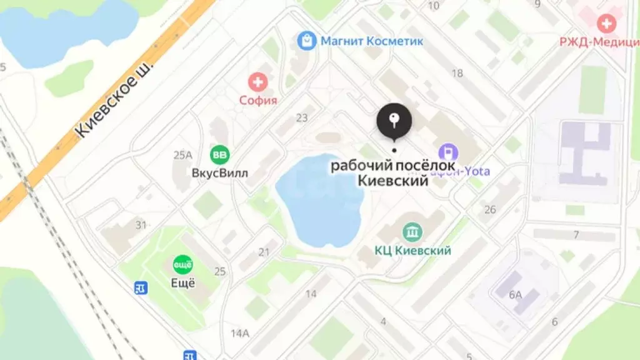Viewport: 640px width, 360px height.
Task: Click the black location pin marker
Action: pos(394,121)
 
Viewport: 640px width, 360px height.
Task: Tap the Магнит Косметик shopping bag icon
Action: pos(307,41)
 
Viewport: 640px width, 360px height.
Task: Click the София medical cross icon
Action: pos(257,82)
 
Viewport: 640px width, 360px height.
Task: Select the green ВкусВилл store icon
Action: pos(219,154)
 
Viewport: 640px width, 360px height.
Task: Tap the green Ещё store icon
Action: pos(182,264)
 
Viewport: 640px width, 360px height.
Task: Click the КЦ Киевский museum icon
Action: pos(412,233)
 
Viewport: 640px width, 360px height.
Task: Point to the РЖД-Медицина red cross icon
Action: pos(606,24)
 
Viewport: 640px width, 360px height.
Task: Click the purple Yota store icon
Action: pos(448,152)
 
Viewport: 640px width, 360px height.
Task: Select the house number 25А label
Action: pos(183,154)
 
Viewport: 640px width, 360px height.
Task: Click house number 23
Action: pos(302,117)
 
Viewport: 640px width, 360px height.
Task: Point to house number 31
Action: pos(141,224)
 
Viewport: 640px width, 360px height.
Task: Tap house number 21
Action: pos(264,252)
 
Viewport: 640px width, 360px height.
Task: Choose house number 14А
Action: pos(239,332)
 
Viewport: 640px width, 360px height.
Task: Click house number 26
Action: pos(490,209)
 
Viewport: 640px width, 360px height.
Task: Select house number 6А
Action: pos(515,294)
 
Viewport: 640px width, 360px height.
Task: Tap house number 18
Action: pos(457,73)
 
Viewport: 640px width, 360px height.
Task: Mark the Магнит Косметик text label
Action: pos(372,41)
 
